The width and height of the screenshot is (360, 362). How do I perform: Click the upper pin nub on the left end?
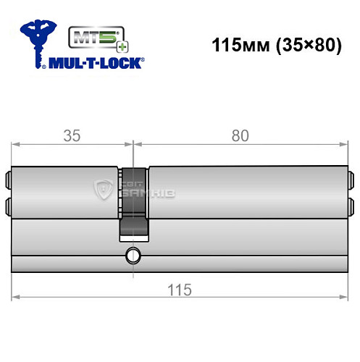coord(9,178)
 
